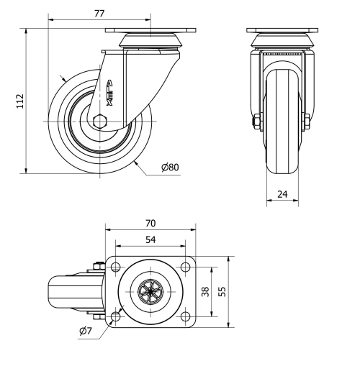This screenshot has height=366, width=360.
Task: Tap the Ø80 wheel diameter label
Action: click(x=170, y=168)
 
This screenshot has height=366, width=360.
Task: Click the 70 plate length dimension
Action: click(x=150, y=224)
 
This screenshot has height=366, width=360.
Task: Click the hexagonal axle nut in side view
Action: click(x=99, y=121)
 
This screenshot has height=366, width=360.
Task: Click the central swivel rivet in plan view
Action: click(x=150, y=292)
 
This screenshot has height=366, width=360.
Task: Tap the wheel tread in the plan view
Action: click(x=61, y=292)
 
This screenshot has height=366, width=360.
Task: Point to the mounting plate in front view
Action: click(x=282, y=30)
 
